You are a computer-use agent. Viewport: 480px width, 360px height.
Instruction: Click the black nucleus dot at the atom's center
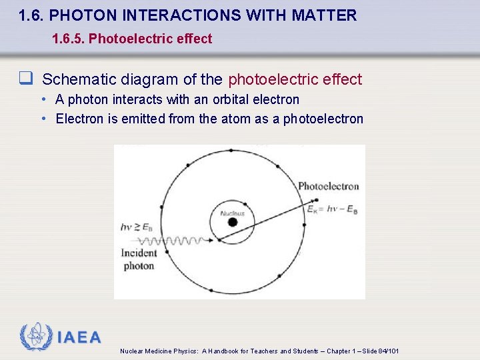tap(232, 222)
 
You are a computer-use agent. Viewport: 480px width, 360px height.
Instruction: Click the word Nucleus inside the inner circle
tap(233, 213)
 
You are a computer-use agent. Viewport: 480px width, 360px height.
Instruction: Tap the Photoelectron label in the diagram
tap(328, 186)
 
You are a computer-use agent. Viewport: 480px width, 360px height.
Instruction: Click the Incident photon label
tap(139, 259)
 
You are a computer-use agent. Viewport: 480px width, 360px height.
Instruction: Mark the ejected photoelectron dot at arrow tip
tap(316, 199)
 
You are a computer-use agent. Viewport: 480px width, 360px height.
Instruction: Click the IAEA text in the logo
tap(79, 337)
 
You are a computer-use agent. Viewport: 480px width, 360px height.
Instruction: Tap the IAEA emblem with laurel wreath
tap(37, 337)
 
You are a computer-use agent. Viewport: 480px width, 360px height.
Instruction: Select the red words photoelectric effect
tap(295, 79)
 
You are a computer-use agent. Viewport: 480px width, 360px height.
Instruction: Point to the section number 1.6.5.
tap(69, 39)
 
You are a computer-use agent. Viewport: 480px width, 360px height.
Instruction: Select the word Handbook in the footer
tap(227, 351)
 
